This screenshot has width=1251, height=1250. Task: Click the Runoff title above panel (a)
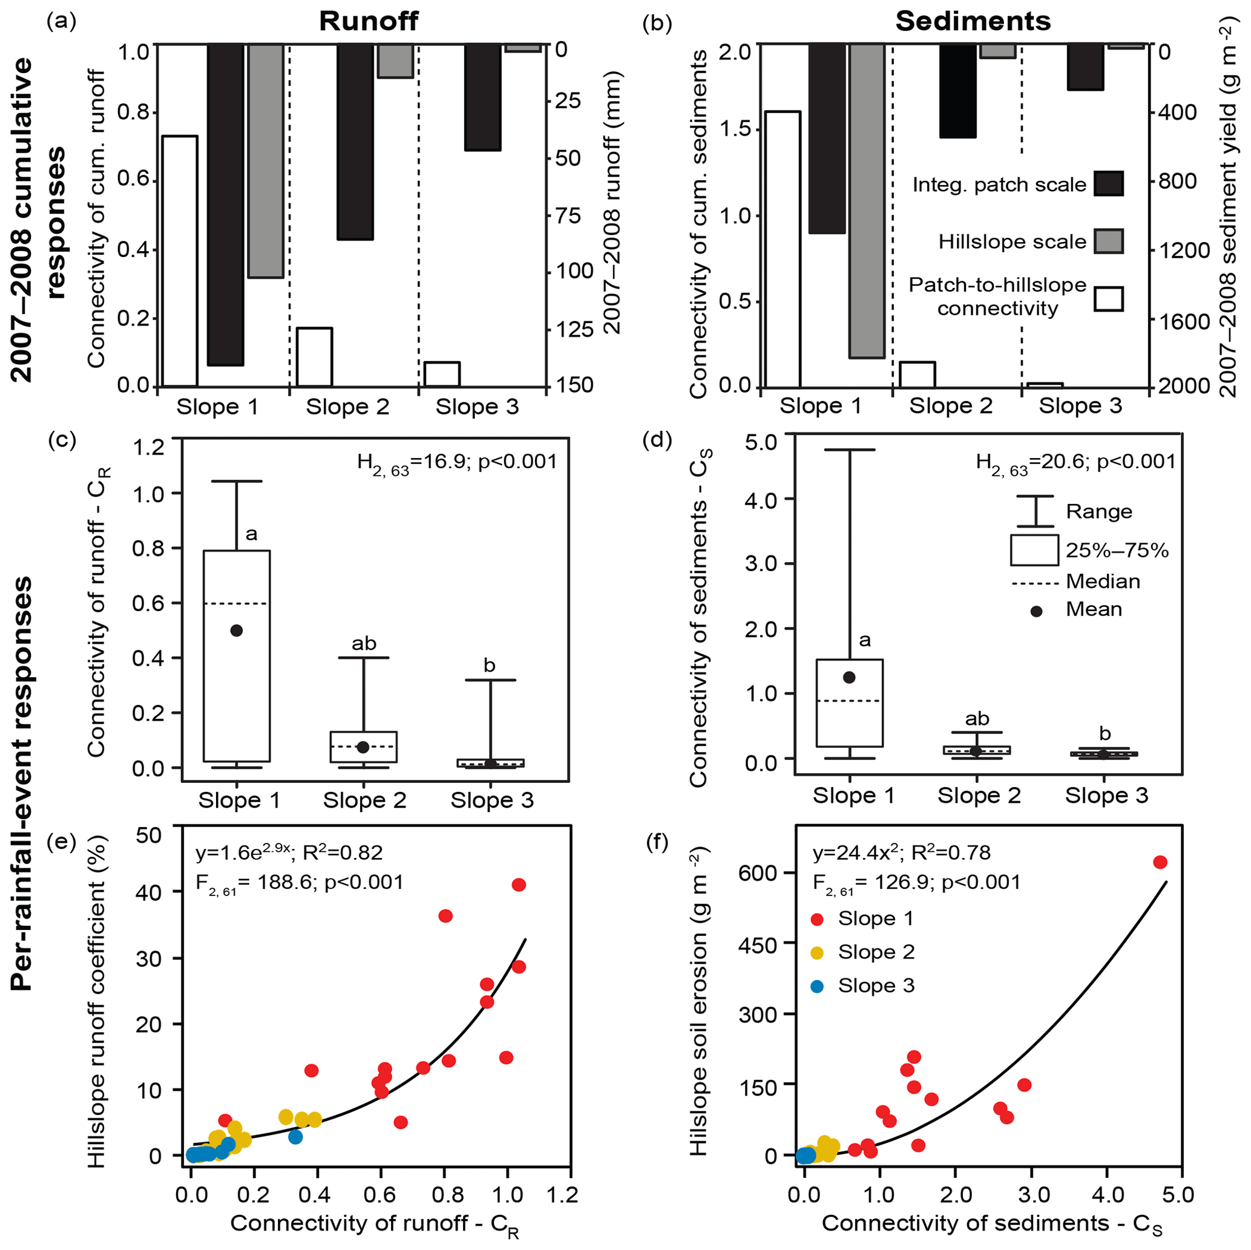[369, 21]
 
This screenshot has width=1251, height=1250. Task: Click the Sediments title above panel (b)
[973, 21]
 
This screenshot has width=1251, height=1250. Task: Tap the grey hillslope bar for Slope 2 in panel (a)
[395, 62]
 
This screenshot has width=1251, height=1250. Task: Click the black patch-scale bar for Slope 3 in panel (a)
[483, 97]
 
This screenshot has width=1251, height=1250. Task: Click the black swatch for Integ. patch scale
[1109, 184]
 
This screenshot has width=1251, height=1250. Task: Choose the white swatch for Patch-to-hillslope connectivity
[1109, 299]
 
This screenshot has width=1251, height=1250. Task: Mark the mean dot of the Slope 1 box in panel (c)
[237, 630]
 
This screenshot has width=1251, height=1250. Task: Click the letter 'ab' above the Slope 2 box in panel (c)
[364, 643]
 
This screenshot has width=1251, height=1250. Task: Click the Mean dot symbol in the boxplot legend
[1036, 611]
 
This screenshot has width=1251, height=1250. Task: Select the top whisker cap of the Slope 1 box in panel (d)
[849, 450]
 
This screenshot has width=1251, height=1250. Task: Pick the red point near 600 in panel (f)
[1160, 862]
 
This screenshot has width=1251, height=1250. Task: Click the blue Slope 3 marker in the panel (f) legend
[817, 987]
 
